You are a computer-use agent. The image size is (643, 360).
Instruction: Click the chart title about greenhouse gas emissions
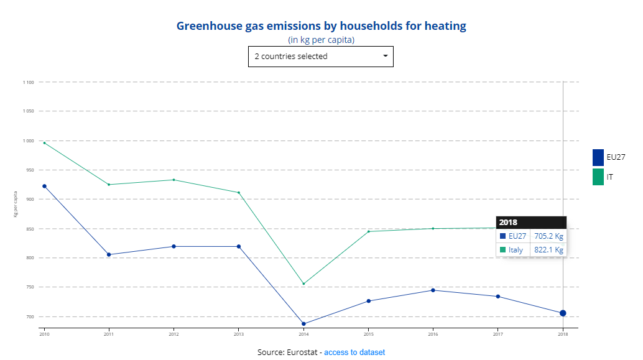(321, 26)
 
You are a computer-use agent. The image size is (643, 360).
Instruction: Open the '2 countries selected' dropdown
(321, 56)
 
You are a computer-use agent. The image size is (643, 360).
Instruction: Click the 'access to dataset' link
(354, 352)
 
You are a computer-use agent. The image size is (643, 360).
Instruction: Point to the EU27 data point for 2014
(303, 324)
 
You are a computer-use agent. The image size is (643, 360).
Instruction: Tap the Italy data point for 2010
(44, 143)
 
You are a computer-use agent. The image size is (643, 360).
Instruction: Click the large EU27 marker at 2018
(563, 313)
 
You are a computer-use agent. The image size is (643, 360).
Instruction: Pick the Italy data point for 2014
(303, 284)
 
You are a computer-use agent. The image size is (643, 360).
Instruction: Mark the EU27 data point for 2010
(44, 186)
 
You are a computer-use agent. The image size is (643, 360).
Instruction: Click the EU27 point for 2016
(433, 290)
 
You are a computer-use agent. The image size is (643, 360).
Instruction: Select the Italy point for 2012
(173, 180)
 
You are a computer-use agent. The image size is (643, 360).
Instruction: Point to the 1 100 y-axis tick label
(29, 82)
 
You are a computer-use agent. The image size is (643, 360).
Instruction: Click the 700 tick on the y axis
(30, 316)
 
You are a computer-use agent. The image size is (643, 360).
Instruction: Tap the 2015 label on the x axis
(368, 334)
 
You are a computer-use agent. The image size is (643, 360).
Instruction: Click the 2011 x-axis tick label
(109, 334)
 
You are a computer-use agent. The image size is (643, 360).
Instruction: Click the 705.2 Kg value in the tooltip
(548, 236)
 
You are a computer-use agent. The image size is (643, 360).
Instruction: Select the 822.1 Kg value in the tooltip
(548, 250)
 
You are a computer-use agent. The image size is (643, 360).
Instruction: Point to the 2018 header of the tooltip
(508, 222)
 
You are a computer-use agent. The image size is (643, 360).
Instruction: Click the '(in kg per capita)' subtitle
(321, 40)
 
